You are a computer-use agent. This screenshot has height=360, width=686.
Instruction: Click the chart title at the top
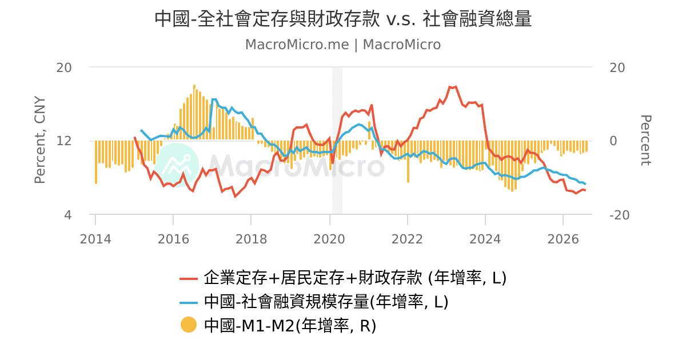pos(343,18)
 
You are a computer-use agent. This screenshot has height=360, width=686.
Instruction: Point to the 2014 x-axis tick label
pos(95,239)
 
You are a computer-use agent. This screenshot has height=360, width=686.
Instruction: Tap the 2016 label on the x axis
pos(173,239)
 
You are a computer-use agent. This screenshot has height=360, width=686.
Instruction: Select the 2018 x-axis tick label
pos(251,239)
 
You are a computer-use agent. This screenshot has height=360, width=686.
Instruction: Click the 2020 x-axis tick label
pos(329,239)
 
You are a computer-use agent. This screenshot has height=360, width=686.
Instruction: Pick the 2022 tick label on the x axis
pos(407,239)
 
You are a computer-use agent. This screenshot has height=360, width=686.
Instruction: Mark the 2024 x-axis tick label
pos(485,239)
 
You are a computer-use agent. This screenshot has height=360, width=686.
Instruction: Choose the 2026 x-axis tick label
pos(563,239)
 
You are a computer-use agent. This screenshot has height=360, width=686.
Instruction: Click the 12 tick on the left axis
pos(64,141)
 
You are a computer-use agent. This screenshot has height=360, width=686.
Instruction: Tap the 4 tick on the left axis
pos(67,215)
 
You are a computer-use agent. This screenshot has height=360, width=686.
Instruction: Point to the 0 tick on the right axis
pos(613,141)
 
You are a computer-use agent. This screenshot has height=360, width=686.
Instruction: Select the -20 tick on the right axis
pos(620,215)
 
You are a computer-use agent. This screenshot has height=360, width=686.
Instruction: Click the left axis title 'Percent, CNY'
pos(40,139)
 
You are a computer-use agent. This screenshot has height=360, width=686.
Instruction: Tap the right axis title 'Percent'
pos(646,141)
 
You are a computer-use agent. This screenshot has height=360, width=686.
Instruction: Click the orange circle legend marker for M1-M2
pos(188,325)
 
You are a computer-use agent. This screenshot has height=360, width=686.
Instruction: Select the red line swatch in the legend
pos(188,279)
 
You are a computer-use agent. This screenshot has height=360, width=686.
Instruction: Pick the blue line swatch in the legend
pos(188,303)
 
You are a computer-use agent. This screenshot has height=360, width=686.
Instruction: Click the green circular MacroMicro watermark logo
pos(177,165)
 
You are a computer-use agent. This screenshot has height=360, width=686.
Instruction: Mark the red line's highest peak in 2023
pos(456,87)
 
